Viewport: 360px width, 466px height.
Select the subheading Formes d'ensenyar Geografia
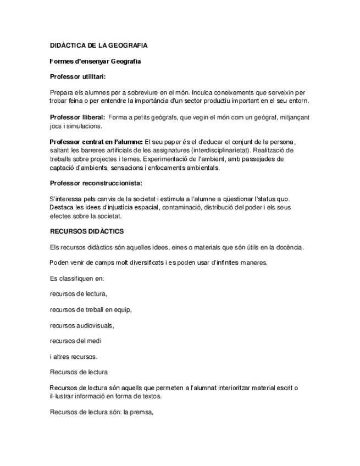click(x=95, y=62)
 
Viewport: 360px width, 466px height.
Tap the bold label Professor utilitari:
click(x=77, y=76)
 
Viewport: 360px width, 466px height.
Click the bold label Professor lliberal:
click(x=77, y=117)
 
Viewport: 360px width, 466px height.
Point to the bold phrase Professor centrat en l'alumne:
click(x=96, y=142)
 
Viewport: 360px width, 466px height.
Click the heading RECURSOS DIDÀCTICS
click(x=87, y=232)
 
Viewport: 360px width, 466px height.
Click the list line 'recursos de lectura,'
click(x=78, y=294)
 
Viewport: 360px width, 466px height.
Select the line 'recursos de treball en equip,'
click(x=91, y=309)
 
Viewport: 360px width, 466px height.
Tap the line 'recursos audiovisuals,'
click(x=82, y=325)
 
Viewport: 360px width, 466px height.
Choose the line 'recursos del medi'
click(x=75, y=341)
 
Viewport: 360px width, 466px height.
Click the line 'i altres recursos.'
click(x=74, y=357)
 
